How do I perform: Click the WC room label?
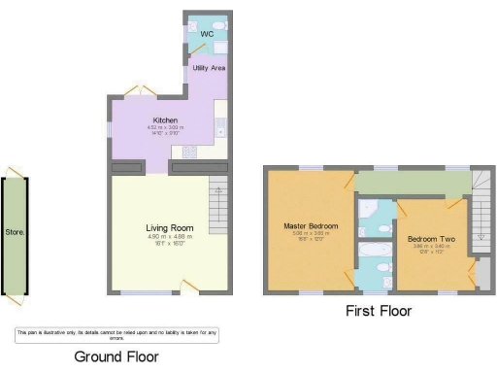[x=206, y=35]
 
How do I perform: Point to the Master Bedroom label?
[x=311, y=226]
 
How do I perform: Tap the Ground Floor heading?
[x=116, y=356]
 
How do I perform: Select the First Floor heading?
[x=378, y=311]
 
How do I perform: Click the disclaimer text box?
[x=116, y=334]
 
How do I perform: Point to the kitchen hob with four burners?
[x=188, y=151]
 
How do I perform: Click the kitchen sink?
[x=221, y=125]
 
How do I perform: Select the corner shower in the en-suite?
[x=369, y=211]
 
